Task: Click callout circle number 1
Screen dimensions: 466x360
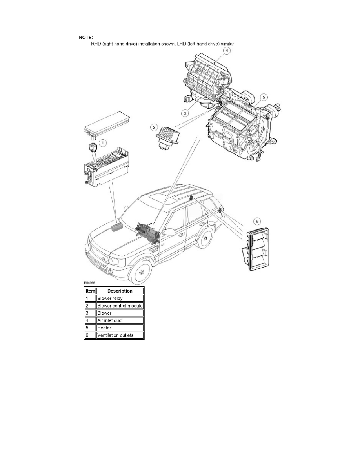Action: pyautogui.click(x=102, y=143)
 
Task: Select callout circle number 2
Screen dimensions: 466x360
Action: pyautogui.click(x=155, y=127)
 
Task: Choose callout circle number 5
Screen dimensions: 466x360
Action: pyautogui.click(x=264, y=96)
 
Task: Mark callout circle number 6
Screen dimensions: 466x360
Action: pyautogui.click(x=257, y=222)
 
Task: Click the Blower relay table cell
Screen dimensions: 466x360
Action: pyautogui.click(x=120, y=299)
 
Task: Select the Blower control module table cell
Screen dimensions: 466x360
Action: pyautogui.click(x=120, y=306)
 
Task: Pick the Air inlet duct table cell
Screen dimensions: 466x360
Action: pyautogui.click(x=120, y=320)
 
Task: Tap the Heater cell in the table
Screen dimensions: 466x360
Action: pyautogui.click(x=120, y=328)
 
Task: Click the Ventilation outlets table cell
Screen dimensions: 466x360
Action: pyautogui.click(x=120, y=335)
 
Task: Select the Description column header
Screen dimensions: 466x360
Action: pyautogui.click(x=120, y=291)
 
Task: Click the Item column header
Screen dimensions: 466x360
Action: pyautogui.click(x=90, y=291)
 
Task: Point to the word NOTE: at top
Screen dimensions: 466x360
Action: pyautogui.click(x=86, y=38)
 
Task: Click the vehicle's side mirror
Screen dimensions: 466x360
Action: pyautogui.click(x=169, y=232)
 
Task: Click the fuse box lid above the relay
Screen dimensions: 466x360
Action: pyautogui.click(x=104, y=124)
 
